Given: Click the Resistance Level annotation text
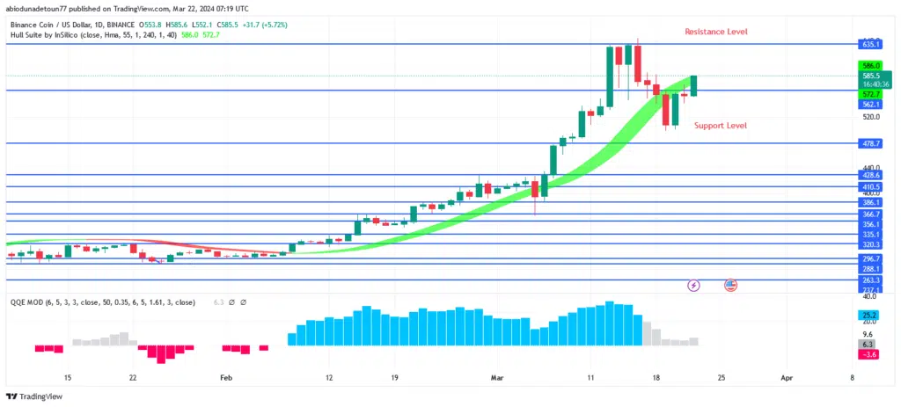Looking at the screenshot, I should [716, 32].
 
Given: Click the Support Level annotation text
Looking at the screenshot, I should [720, 126].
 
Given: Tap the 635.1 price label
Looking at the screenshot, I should [871, 43].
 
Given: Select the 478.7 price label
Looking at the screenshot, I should [871, 143].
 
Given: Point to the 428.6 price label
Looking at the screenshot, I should [871, 175].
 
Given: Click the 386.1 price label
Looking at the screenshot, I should [871, 202].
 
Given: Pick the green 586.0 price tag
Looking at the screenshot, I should [872, 65].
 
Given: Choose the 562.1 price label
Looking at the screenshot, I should [871, 104].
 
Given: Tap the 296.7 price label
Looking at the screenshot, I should [871, 258].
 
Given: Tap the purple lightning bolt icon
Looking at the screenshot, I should [693, 286].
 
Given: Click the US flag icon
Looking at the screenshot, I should [730, 286].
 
